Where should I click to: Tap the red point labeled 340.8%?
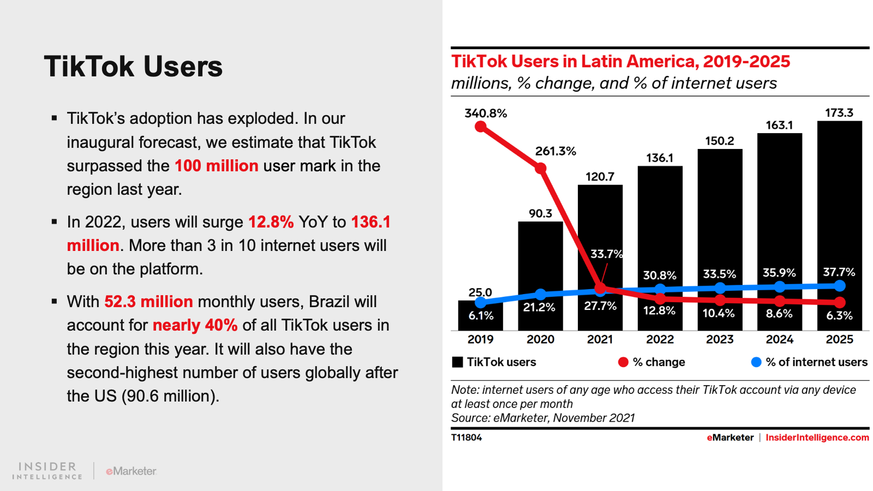[x=481, y=127]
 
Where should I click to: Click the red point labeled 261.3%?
[x=540, y=168]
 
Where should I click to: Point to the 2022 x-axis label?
[x=660, y=339]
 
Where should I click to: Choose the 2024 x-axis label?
[x=779, y=339]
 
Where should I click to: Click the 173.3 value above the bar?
[x=839, y=113]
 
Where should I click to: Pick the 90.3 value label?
[x=540, y=213]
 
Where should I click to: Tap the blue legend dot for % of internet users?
[x=756, y=362]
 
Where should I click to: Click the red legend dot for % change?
[x=623, y=362]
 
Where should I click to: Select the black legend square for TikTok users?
[x=458, y=362]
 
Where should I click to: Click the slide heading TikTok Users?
[x=133, y=67]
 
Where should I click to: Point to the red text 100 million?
[x=216, y=166]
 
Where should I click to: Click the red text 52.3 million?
[x=148, y=302]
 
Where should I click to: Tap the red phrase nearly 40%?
[x=195, y=325]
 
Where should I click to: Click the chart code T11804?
[x=467, y=438]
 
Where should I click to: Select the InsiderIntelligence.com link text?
[x=817, y=438]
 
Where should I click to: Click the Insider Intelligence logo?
[x=47, y=470]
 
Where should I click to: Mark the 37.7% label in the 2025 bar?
[x=839, y=272]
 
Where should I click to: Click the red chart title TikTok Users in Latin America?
[x=620, y=61]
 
